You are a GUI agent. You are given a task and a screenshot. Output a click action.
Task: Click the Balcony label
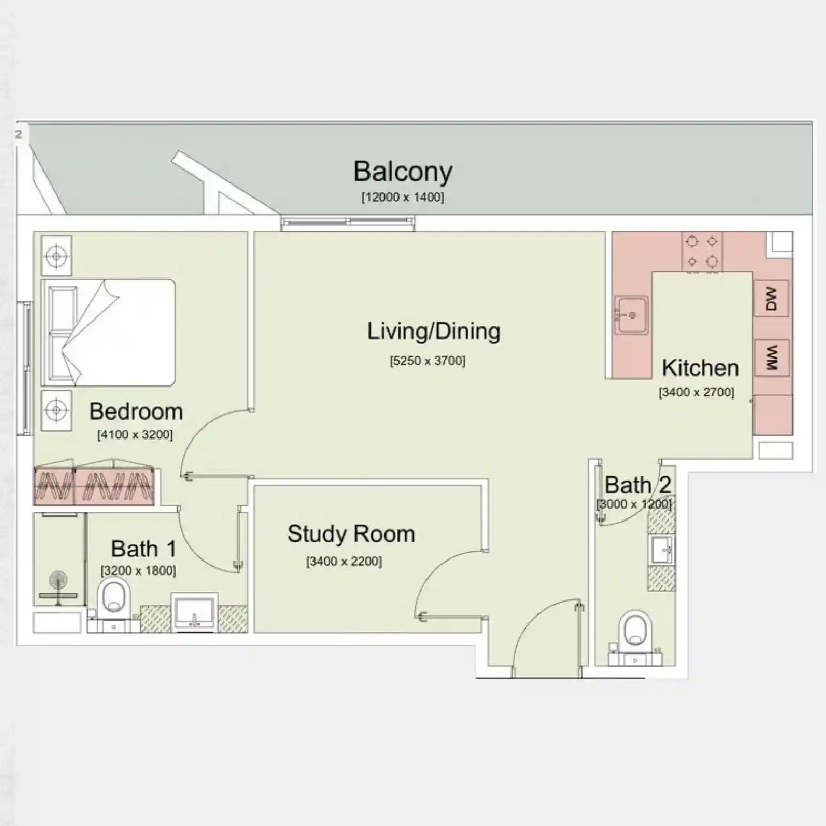(403, 172)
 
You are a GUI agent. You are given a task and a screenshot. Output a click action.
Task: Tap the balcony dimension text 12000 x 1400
(403, 197)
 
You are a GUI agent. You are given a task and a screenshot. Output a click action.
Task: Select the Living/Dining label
(434, 331)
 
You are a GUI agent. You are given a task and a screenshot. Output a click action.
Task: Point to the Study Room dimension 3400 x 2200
(344, 562)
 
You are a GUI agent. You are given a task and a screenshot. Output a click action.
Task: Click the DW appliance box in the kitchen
(771, 299)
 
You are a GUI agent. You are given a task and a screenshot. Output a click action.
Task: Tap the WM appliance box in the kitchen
(771, 357)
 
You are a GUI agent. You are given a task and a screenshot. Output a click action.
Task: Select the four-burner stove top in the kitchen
(702, 252)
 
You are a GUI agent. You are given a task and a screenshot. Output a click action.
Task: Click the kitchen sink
(631, 315)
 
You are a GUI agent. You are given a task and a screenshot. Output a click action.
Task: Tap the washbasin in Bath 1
(194, 612)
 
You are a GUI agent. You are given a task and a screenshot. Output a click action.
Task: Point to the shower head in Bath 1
(58, 580)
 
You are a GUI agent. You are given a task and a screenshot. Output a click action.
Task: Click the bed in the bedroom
(108, 332)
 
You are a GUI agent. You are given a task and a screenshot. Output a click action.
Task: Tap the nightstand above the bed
(56, 257)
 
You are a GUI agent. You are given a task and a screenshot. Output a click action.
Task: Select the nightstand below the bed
(56, 410)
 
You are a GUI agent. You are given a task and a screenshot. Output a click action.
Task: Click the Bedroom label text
(136, 412)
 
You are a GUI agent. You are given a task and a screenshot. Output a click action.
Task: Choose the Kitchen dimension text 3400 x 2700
(696, 392)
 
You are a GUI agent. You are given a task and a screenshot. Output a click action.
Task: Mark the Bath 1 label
(143, 549)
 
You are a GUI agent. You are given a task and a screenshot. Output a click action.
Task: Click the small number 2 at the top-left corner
(19, 134)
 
